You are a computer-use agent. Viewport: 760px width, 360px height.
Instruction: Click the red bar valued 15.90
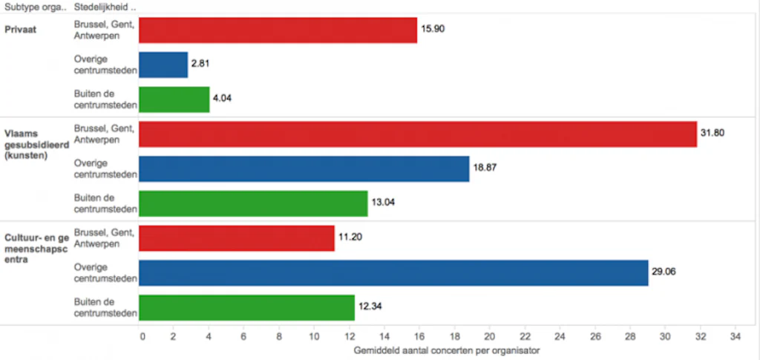(x=278, y=30)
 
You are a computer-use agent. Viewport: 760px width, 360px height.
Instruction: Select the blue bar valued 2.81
(x=163, y=65)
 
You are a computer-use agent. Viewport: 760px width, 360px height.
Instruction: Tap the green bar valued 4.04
(x=174, y=99)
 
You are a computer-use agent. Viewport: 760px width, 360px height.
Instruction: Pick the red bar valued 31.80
(x=418, y=134)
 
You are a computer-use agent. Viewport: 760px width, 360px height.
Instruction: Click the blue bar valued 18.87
(x=304, y=168)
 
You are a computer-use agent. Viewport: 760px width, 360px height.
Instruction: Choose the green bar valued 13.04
(x=253, y=203)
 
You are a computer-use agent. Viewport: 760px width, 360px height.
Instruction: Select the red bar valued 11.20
(x=237, y=238)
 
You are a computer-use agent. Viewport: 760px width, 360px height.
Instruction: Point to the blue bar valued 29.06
(x=393, y=272)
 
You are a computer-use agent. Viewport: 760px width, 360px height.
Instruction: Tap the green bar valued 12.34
(x=247, y=307)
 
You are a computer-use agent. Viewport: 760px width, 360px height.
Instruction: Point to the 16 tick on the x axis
(x=419, y=335)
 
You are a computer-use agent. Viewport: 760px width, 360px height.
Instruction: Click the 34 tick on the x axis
(x=735, y=335)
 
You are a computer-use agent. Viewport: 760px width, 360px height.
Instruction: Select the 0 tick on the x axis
(x=142, y=335)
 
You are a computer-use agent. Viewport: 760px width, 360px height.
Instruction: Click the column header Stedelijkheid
(x=105, y=7)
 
